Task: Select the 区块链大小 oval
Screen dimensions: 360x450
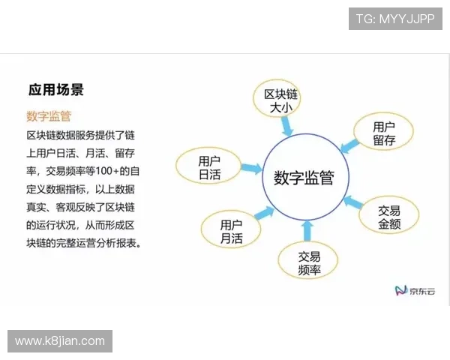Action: click(282, 100)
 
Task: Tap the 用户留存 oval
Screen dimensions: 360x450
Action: click(383, 133)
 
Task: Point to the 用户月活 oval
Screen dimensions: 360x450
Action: click(231, 232)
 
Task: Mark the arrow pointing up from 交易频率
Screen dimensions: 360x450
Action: click(305, 229)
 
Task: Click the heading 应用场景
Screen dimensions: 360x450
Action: click(55, 90)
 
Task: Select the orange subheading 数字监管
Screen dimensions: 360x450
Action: click(48, 116)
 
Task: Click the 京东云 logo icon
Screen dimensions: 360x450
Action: click(400, 290)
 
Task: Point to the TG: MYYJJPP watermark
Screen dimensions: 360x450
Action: click(394, 18)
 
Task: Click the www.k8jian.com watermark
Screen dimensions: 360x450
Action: click(60, 341)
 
